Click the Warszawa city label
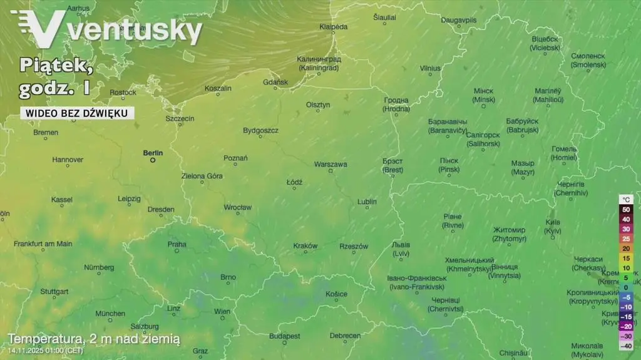click(x=330, y=164)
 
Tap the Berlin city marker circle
click(x=152, y=160)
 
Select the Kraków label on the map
click(x=305, y=246)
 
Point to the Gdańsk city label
click(x=275, y=82)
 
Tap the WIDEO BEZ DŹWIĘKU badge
click(x=77, y=113)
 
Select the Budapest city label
click(x=285, y=336)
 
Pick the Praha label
click(x=177, y=244)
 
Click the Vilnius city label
click(x=430, y=68)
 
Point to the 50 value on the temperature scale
click(x=626, y=209)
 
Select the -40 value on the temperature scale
click(x=626, y=346)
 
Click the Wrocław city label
click(x=238, y=207)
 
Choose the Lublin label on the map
click(x=367, y=202)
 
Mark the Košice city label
click(x=336, y=294)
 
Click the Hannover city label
click(x=68, y=160)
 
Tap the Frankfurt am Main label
click(x=43, y=244)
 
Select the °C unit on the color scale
click(x=626, y=200)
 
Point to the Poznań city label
click(x=235, y=158)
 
